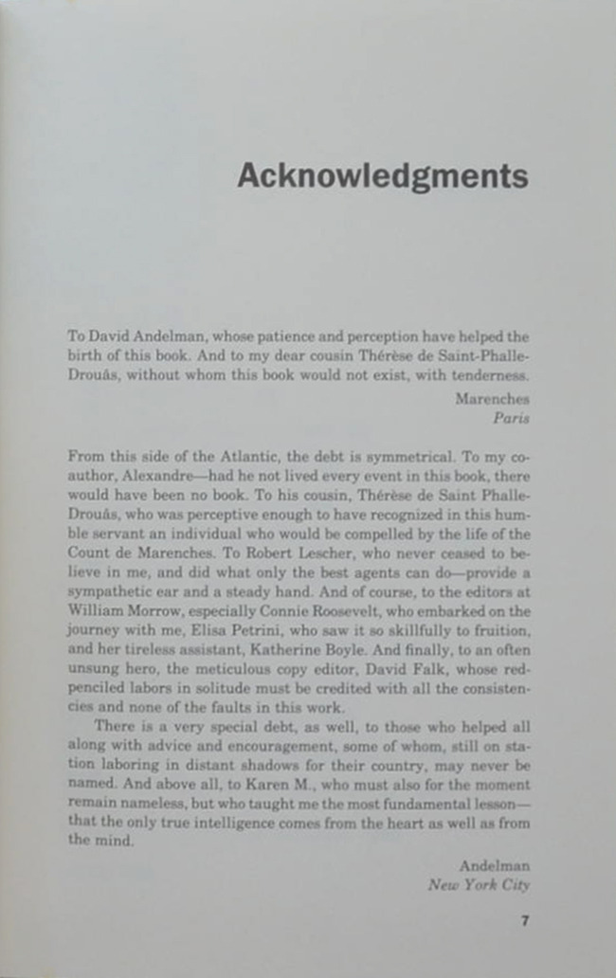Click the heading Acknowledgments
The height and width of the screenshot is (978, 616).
click(x=382, y=175)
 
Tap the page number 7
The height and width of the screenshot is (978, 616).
click(x=524, y=920)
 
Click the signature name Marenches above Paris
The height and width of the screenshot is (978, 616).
click(x=492, y=399)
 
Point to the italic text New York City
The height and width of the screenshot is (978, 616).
click(x=479, y=884)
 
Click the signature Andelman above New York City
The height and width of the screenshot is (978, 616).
click(x=494, y=866)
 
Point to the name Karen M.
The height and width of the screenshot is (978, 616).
click(x=296, y=785)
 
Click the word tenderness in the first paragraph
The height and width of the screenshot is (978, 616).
click(x=487, y=372)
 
